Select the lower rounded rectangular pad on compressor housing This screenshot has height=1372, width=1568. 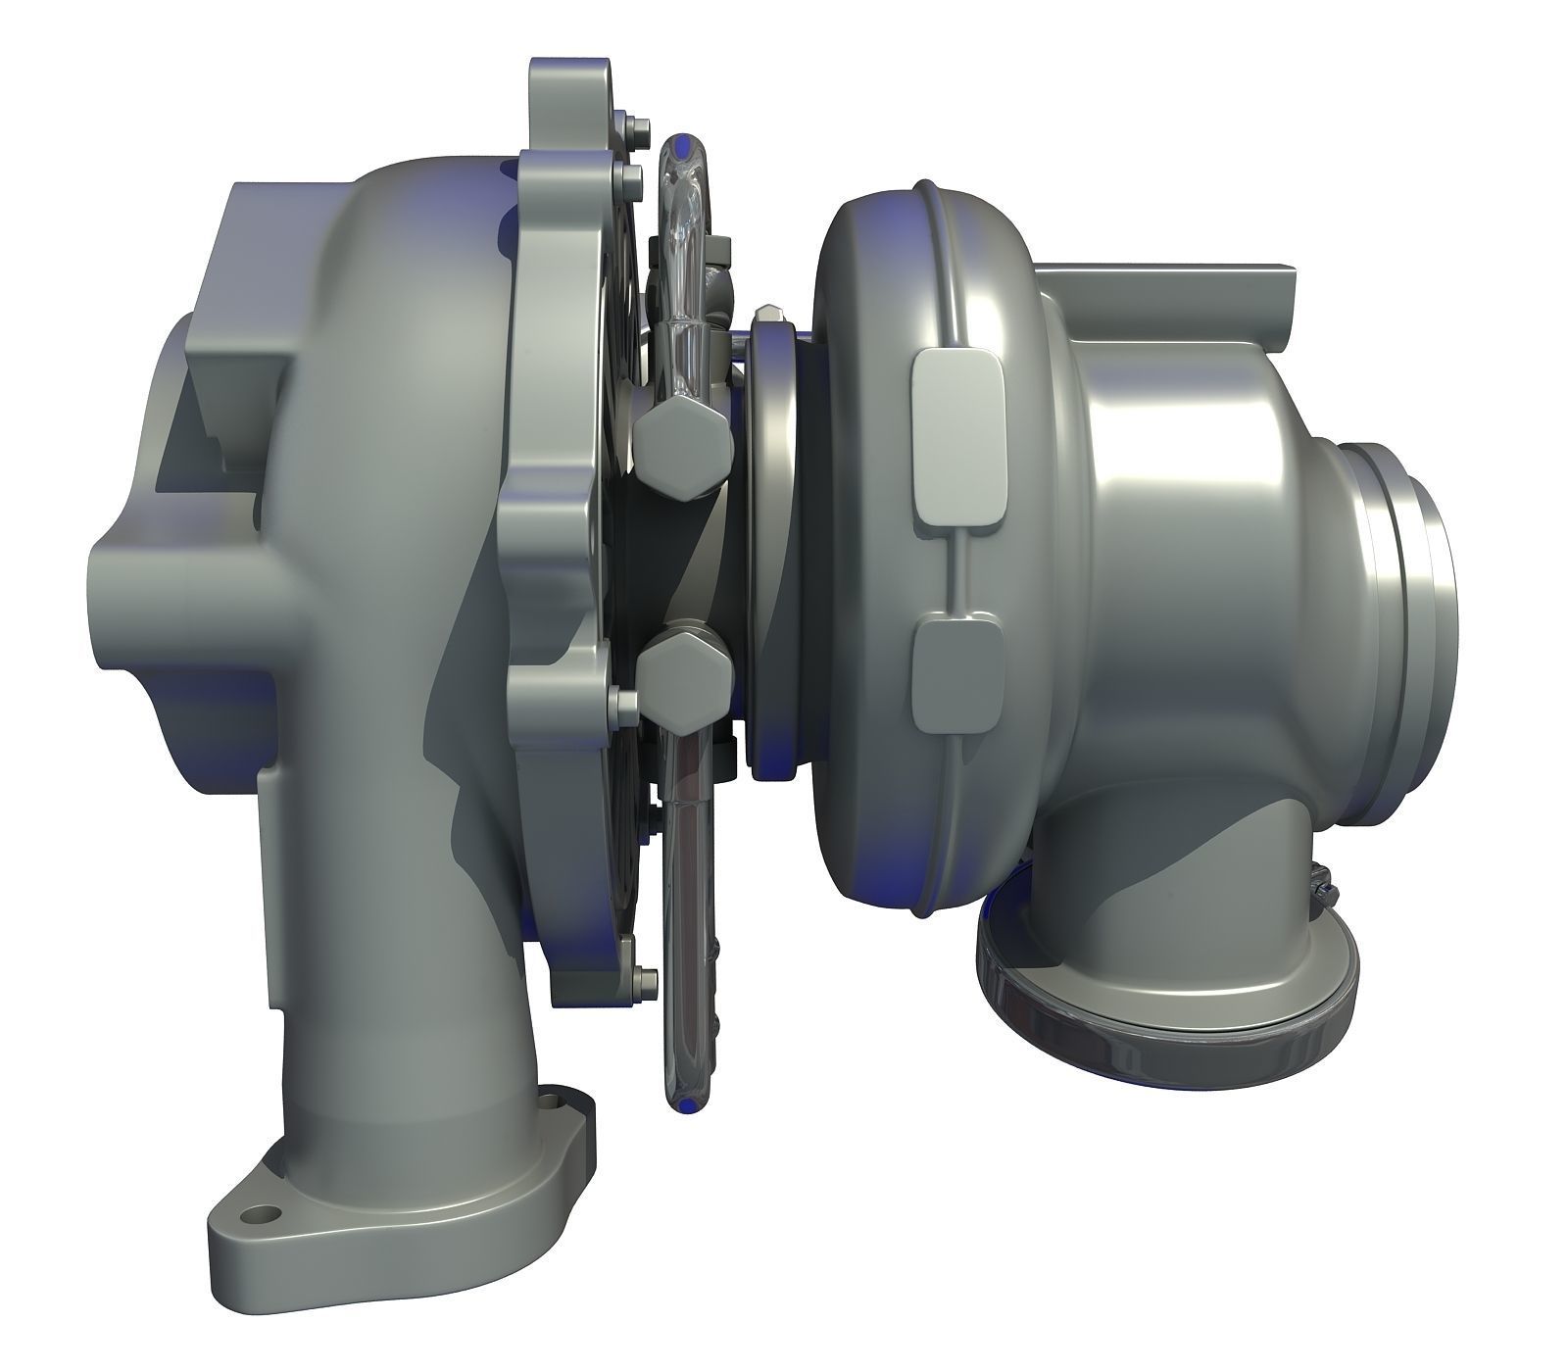pyautogui.click(x=957, y=675)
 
